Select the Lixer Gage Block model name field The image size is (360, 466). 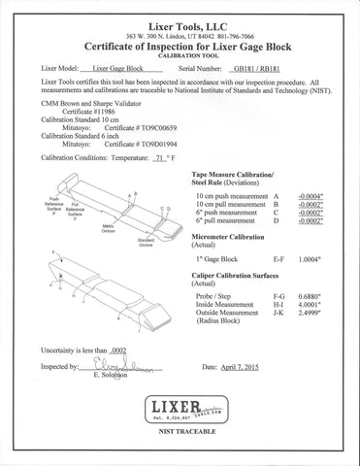pyautogui.click(x=121, y=70)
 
